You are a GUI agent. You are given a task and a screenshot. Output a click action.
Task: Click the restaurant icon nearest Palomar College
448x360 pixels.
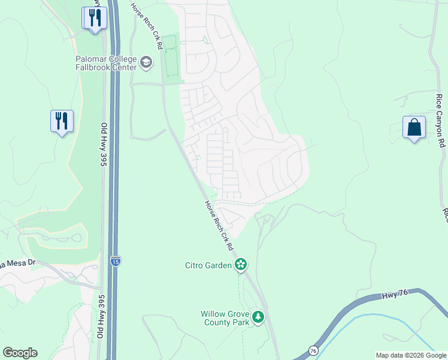tap(94, 18)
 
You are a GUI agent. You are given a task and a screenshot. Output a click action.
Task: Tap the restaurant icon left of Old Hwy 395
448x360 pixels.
tap(62, 121)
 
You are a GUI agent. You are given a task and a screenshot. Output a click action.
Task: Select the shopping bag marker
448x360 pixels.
tap(414, 127)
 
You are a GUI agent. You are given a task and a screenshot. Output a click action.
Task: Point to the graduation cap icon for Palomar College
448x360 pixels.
tap(146, 62)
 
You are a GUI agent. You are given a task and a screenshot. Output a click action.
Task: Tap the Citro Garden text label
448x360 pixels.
tap(208, 265)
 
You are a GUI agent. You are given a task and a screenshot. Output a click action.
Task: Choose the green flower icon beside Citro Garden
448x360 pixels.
tap(241, 264)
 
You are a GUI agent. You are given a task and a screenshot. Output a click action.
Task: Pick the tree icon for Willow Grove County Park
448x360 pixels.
tap(258, 317)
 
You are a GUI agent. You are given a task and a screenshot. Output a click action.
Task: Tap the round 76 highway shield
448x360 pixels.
tap(313, 350)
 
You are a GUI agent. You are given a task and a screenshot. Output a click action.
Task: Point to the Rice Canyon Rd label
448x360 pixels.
tap(441, 120)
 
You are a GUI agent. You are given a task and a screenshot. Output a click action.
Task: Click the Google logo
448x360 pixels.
tap(20, 353)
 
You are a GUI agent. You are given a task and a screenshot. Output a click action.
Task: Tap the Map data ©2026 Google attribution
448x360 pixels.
tap(411, 355)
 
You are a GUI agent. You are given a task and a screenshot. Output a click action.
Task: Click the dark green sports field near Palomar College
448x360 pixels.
tap(171, 56)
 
